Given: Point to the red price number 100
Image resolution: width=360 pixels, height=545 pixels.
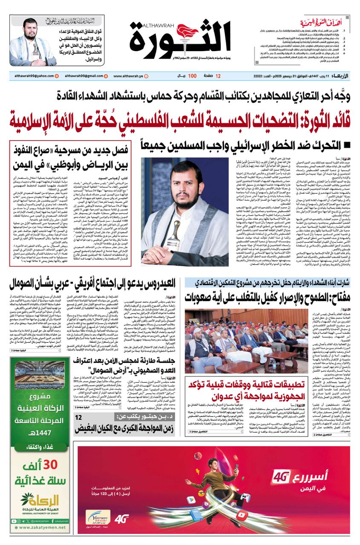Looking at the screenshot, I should pos(192,76).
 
